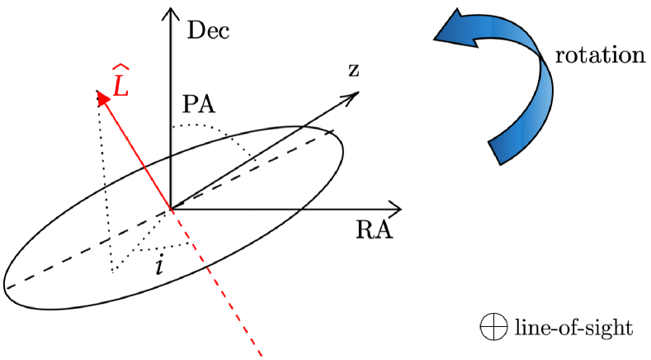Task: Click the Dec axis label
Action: (x=208, y=32)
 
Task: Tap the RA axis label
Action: (x=374, y=230)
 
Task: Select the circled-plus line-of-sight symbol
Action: (x=493, y=329)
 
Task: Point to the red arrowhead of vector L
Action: (x=101, y=97)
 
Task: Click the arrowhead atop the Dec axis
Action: (x=170, y=13)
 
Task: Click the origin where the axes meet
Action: (x=170, y=207)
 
